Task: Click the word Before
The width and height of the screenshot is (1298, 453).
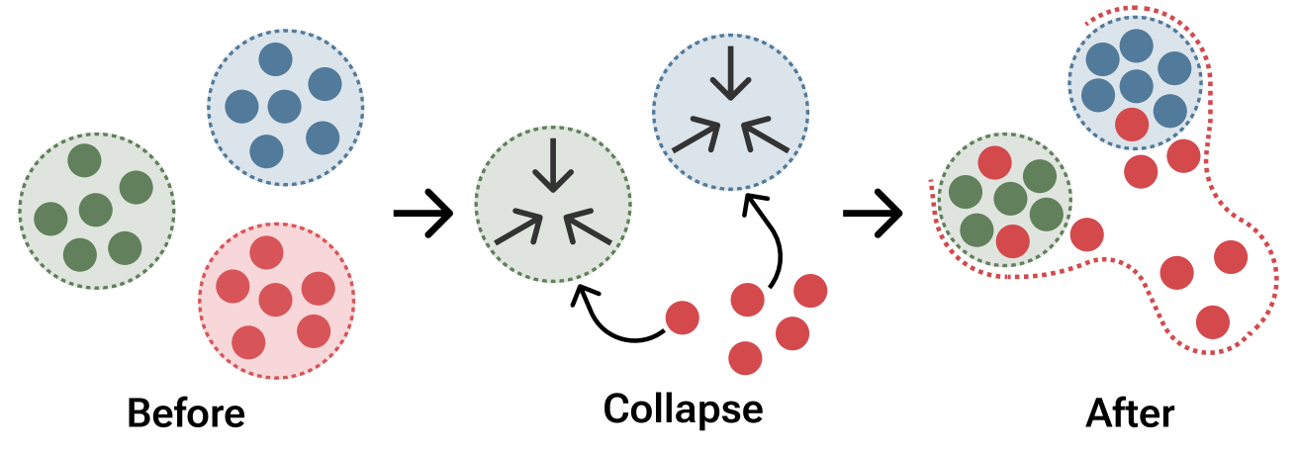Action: pos(186,412)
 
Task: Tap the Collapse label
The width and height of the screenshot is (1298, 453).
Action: pos(683,408)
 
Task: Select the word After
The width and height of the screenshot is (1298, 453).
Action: pos(1130,412)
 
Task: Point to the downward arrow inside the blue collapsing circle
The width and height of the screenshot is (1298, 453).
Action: pos(729,75)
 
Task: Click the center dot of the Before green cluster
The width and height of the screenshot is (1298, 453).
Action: pos(96,210)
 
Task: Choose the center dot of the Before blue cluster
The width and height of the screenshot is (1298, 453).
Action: pos(285,106)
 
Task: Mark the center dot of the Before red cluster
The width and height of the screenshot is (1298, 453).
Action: pos(275,299)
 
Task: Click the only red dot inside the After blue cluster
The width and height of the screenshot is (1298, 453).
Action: pos(1132,125)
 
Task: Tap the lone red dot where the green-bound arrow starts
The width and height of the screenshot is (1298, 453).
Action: pos(682,317)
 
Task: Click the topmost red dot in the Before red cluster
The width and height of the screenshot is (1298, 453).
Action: pos(266,252)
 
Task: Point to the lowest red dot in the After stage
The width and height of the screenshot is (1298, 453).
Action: pos(1213,321)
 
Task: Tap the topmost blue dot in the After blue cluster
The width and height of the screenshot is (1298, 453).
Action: pos(1136,45)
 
